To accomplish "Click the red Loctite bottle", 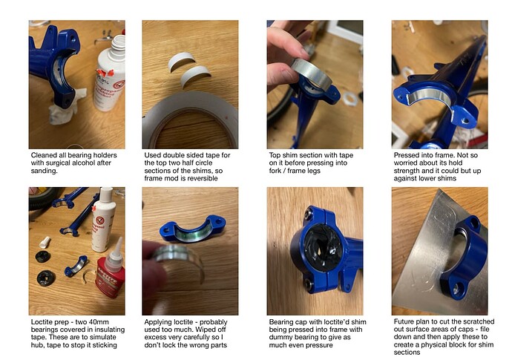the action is click(x=109, y=276).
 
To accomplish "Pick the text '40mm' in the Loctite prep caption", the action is click(x=99, y=322).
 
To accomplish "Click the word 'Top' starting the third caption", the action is click(x=275, y=155).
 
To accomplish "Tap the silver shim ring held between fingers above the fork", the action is click(x=312, y=74).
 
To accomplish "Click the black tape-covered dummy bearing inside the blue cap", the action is click(x=324, y=249).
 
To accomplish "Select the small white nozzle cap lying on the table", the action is click(x=44, y=243).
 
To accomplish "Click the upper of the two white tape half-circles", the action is click(x=182, y=62).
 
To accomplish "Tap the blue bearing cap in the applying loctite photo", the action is click(x=193, y=229).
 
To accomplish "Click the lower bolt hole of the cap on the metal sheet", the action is click(x=456, y=289).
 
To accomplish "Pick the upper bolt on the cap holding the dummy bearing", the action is click(x=308, y=215).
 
